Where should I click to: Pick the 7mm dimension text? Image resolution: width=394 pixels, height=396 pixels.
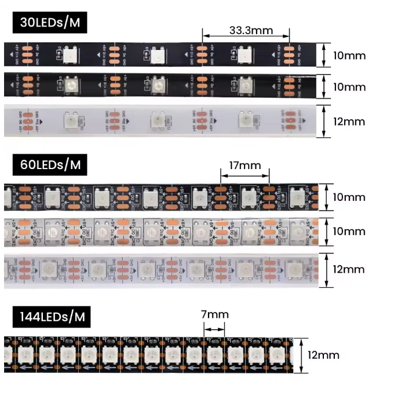[214, 314]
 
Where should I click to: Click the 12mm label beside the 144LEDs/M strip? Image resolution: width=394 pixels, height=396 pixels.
[323, 354]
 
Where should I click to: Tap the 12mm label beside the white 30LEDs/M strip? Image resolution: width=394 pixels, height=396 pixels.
[349, 122]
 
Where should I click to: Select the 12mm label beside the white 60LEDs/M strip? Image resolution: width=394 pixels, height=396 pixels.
[349, 269]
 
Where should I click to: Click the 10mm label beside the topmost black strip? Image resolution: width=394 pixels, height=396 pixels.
[349, 56]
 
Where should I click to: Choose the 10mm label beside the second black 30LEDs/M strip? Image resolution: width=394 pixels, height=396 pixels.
[349, 87]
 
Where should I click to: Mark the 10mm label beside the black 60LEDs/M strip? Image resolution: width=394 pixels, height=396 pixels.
[349, 197]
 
